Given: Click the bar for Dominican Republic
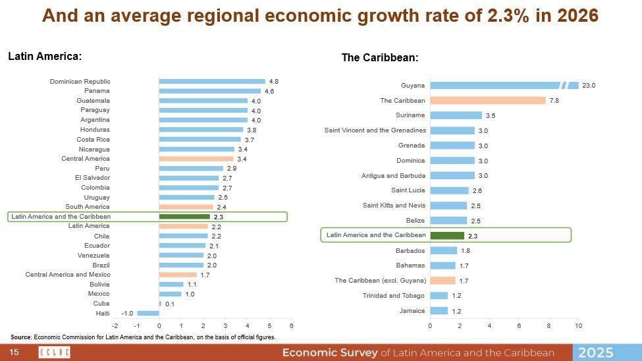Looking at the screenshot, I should (211, 81).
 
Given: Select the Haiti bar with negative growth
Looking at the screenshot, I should (147, 313).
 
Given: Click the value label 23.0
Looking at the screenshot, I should (589, 86).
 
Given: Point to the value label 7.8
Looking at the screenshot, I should (554, 101).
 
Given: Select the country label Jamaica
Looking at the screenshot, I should (412, 310).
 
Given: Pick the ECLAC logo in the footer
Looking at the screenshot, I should (54, 352).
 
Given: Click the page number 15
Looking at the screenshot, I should (14, 352).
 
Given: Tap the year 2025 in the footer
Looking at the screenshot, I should (595, 352).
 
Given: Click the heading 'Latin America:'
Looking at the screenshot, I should (45, 57).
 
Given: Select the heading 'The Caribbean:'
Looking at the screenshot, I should (379, 58).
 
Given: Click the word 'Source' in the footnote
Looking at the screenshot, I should (21, 337).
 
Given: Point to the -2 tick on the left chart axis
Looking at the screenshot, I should (115, 325).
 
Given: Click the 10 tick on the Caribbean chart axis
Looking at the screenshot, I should (578, 325).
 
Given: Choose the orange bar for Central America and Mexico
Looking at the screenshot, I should (178, 275).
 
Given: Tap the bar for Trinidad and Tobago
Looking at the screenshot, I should (439, 296).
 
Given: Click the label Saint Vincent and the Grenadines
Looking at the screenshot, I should (375, 130).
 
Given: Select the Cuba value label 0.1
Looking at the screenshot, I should (169, 304).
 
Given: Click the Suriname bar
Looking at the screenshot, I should (456, 115).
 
